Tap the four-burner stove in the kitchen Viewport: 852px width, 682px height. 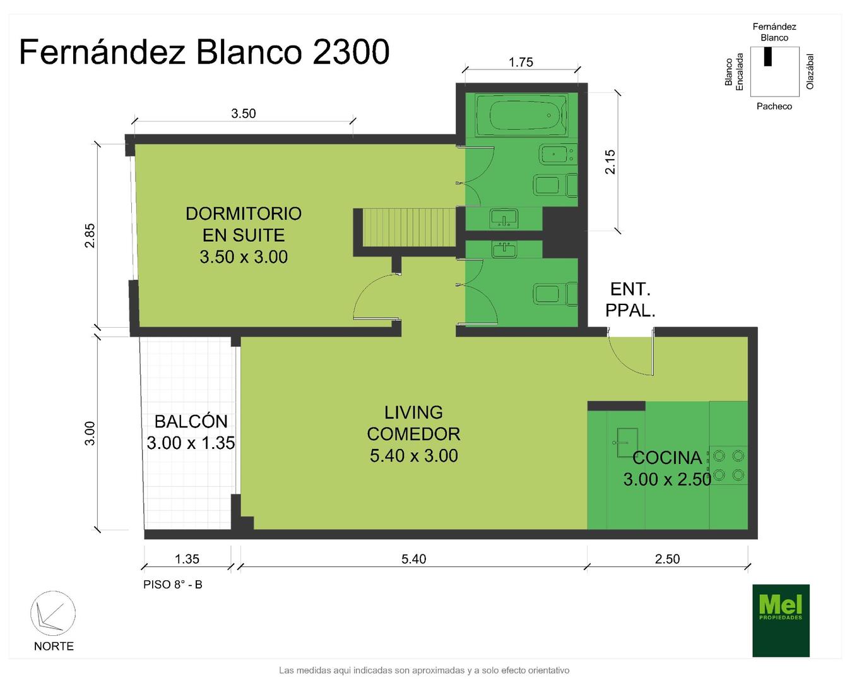point(728,465)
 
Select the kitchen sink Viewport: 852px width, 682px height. point(624,442)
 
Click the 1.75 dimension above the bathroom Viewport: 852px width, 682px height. point(521,63)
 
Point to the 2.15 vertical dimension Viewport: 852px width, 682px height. point(610,162)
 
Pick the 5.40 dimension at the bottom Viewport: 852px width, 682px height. point(414,559)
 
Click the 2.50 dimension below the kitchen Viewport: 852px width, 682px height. point(667,559)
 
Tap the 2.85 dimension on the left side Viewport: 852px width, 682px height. point(90,236)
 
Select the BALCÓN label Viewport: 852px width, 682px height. point(191,421)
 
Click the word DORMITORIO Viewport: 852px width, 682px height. point(244,213)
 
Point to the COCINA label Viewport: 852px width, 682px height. point(667,458)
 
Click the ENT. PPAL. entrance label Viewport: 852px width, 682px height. point(630,300)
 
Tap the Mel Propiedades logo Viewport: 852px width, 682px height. point(781,621)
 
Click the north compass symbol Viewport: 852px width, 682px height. point(53,614)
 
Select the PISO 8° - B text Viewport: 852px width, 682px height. point(173,585)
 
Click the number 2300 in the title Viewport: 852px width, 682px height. point(351,52)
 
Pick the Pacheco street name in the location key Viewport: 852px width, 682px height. point(774,106)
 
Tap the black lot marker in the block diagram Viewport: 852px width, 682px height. point(768,57)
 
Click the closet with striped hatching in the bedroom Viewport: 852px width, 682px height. point(409,227)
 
